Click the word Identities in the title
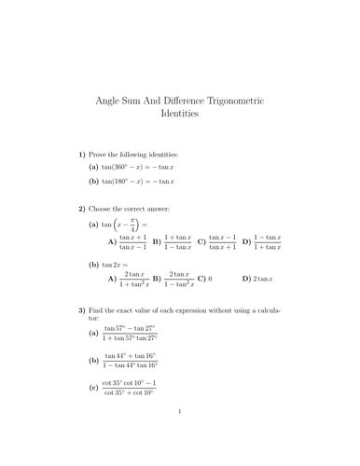click(180, 116)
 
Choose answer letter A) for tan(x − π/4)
click(112, 242)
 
